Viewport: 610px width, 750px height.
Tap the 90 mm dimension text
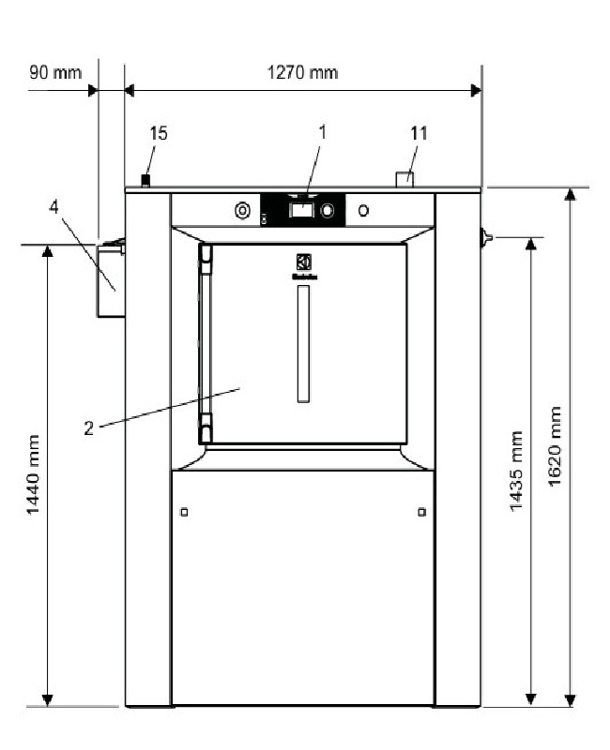pyautogui.click(x=55, y=72)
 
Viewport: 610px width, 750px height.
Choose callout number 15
pyautogui.click(x=159, y=134)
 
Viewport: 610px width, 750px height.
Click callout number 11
pyautogui.click(x=419, y=133)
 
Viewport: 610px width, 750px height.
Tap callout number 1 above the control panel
pyautogui.click(x=322, y=132)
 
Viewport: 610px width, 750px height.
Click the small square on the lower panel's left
pyautogui.click(x=184, y=511)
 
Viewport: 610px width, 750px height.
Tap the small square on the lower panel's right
pyautogui.click(x=420, y=511)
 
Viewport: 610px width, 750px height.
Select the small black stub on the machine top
pyautogui.click(x=145, y=179)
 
